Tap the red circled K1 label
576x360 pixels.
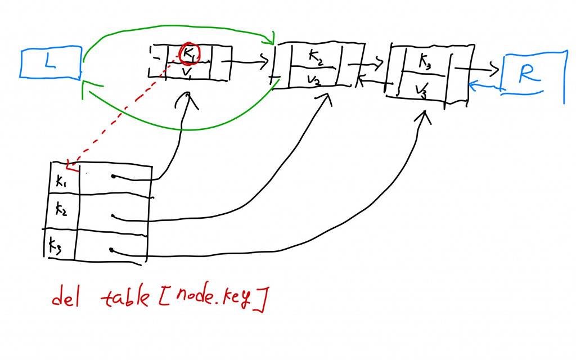tap(189, 53)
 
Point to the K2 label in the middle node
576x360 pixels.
tap(316, 56)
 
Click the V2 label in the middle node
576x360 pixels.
tap(314, 80)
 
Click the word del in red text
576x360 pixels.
tap(66, 298)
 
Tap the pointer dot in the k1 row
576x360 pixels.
tap(113, 177)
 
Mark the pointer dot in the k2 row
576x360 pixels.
tap(113, 216)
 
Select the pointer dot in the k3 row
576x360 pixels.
tap(112, 250)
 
